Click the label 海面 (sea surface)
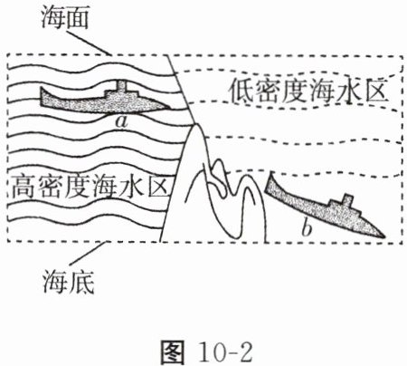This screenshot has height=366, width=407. coord(64,18)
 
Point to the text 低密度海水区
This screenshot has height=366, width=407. coord(308,91)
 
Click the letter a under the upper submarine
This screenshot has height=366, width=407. coord(121,121)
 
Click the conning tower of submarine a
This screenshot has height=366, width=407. coord(121,87)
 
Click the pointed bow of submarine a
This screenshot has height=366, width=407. coord(170,108)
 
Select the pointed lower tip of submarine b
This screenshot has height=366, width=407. coord(385,236)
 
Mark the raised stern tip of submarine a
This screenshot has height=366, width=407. coord(42,88)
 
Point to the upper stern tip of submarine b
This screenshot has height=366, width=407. coord(271,172)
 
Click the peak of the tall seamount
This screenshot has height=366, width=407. coord(195,125)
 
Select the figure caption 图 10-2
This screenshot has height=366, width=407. coord(207,352)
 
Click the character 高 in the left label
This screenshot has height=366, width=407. coord(24,187)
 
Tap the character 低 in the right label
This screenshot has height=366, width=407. coord(241,91)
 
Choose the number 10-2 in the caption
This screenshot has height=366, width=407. coord(225,352)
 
